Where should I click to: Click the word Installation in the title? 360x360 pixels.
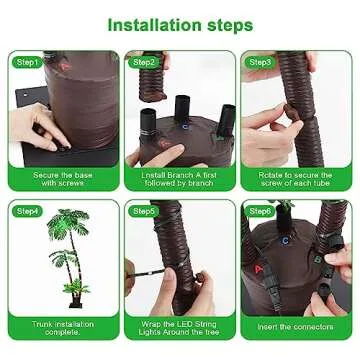point(151,23)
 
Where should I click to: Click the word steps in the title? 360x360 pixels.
point(231,23)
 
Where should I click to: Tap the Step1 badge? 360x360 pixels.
point(28,62)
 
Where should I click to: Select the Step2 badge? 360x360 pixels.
point(144,62)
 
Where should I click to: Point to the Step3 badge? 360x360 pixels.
point(260,62)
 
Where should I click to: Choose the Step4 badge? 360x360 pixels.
point(28,212)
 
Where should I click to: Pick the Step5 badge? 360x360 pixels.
point(144,212)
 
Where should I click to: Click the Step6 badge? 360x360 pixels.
point(260,212)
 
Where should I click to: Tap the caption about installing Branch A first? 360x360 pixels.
point(179,179)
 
